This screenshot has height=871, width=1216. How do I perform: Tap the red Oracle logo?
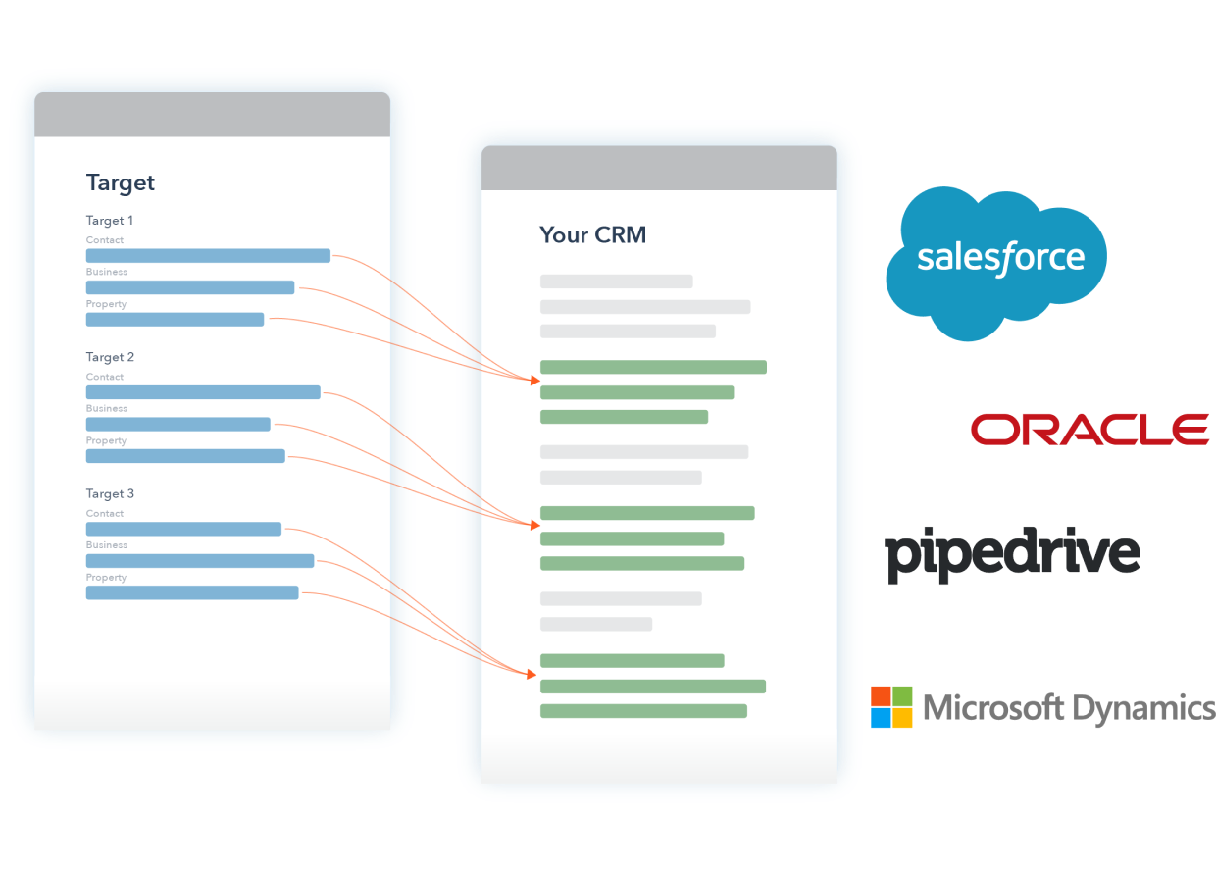click(x=1089, y=430)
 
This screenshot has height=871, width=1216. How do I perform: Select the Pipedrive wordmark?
click(x=1012, y=554)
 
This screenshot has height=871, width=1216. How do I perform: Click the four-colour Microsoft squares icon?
click(x=891, y=707)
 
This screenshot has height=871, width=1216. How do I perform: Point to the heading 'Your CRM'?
click(x=592, y=235)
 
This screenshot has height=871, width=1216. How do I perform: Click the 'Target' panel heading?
click(x=121, y=182)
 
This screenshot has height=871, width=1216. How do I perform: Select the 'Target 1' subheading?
click(x=110, y=221)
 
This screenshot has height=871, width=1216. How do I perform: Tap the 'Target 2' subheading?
click(x=110, y=357)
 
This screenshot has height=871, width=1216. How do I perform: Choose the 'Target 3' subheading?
click(x=110, y=493)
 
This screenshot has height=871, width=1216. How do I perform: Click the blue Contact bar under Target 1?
click(x=208, y=256)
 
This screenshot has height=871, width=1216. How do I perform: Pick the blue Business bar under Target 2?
click(x=177, y=425)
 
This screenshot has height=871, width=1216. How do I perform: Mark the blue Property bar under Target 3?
click(x=192, y=593)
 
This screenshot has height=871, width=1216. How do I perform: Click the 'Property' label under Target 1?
click(x=106, y=304)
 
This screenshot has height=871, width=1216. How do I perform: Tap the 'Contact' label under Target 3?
click(x=105, y=513)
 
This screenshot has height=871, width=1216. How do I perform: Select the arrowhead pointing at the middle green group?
click(x=534, y=525)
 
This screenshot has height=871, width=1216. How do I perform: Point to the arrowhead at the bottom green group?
click(x=532, y=674)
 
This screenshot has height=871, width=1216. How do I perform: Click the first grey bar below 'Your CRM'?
click(x=616, y=282)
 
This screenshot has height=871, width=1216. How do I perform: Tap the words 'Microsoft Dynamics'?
click(x=1068, y=707)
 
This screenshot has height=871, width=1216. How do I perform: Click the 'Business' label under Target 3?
click(x=106, y=545)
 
